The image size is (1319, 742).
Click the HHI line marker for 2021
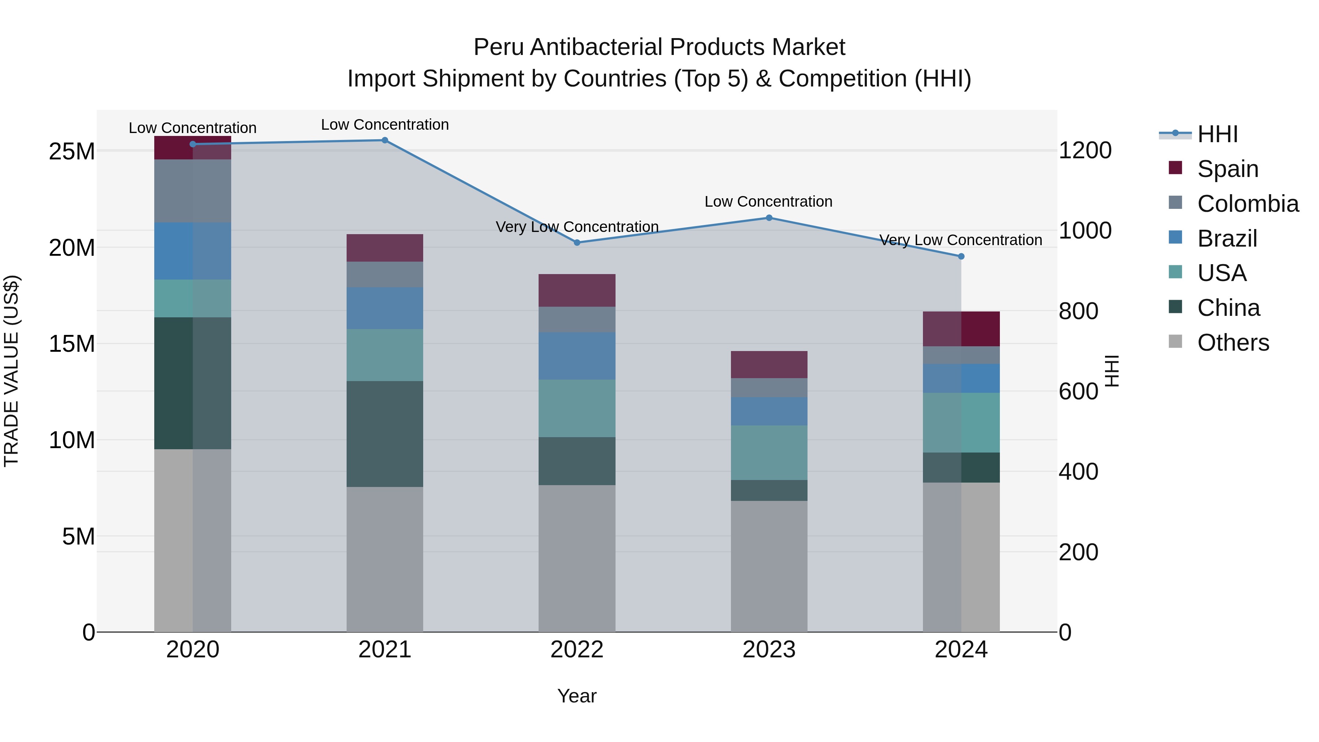(x=385, y=140)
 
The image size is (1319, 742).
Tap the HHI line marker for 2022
(x=577, y=243)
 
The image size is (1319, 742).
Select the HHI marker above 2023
(x=769, y=218)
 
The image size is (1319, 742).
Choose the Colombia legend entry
(x=1247, y=204)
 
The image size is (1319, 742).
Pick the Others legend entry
(x=1233, y=343)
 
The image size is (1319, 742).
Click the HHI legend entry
(x=1217, y=134)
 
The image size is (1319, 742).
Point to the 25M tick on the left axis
(x=72, y=152)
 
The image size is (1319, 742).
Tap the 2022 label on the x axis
(x=577, y=650)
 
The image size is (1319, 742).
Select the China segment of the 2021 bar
(x=385, y=434)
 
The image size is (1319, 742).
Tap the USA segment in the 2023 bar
(x=769, y=453)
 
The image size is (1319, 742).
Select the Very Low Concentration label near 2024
(x=961, y=240)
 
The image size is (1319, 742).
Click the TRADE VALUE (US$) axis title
(x=11, y=371)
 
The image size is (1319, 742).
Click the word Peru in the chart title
(x=499, y=48)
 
